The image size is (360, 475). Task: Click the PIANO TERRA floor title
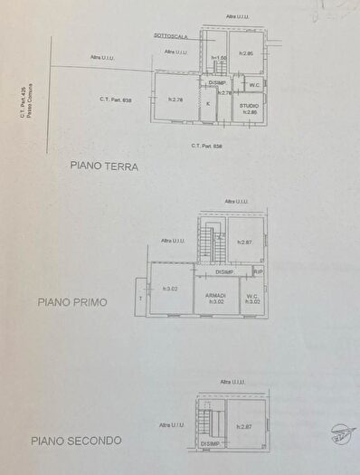pos(103,166)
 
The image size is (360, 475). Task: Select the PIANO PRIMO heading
pos(73,303)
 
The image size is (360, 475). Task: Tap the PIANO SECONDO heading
pos(77,441)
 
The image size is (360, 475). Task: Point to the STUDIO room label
pos(249,105)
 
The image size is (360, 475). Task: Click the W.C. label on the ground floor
pos(254,86)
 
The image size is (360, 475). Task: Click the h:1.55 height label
pos(218,59)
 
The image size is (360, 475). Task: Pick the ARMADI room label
pos(216,295)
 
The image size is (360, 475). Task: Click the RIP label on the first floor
pos(258,271)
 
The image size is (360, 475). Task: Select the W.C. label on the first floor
pos(252,295)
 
